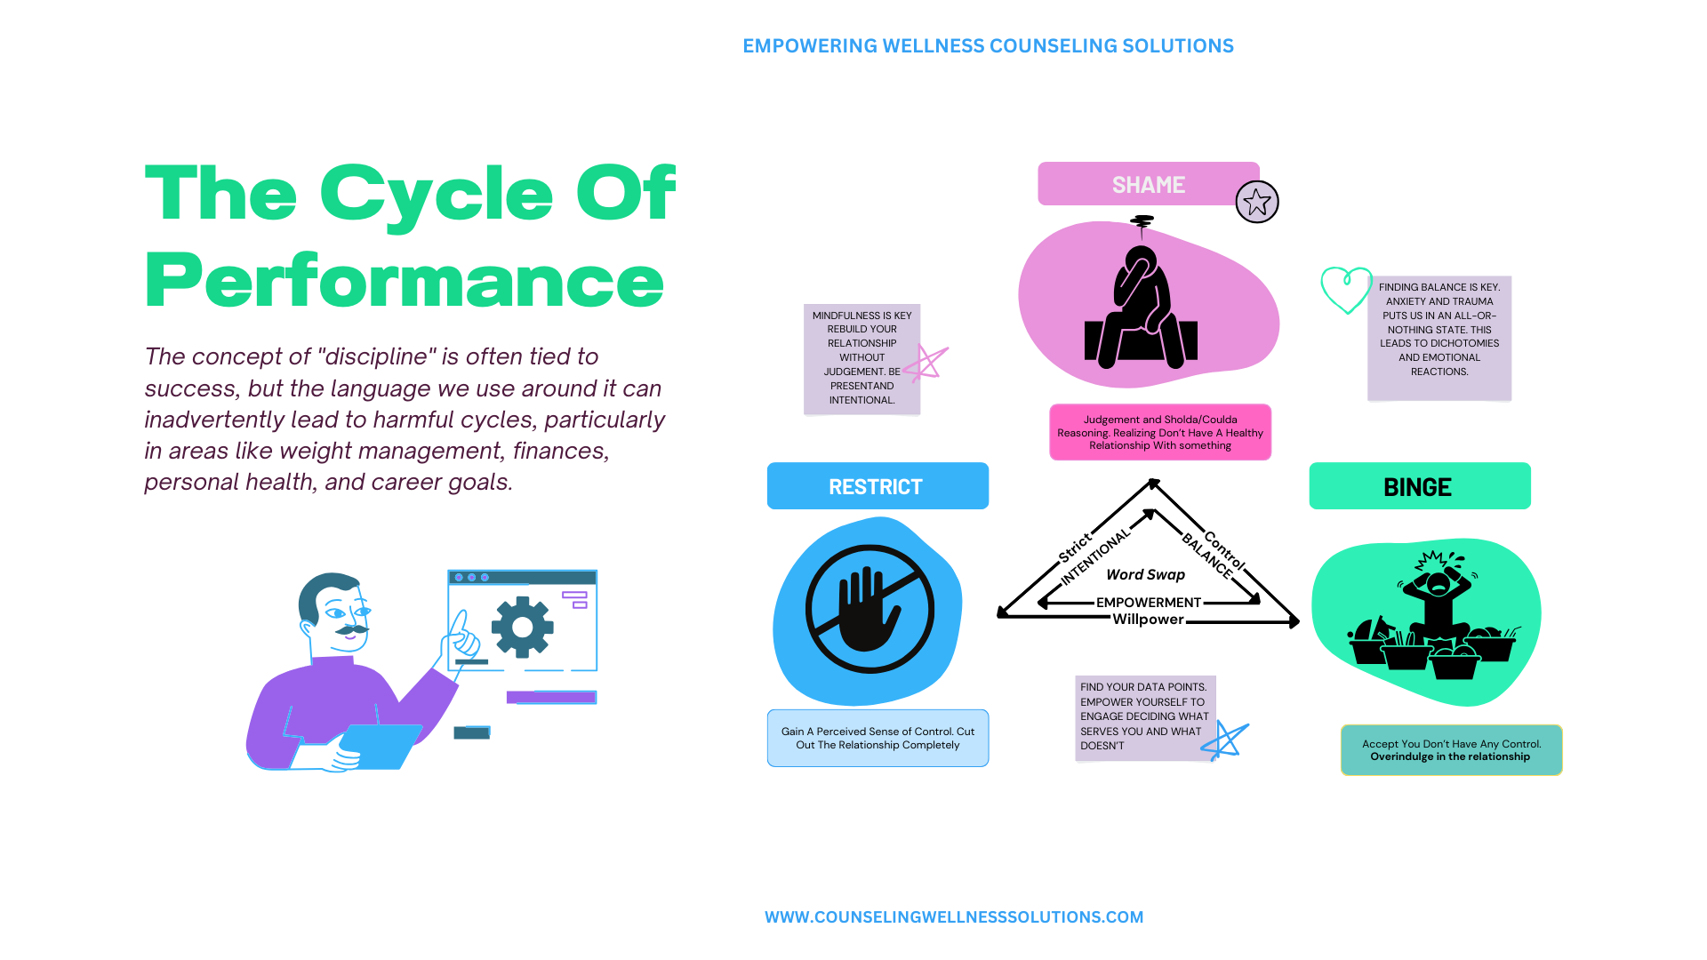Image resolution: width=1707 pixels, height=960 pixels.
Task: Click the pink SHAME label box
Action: (x=1148, y=184)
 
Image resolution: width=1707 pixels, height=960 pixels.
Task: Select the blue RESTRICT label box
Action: (x=878, y=485)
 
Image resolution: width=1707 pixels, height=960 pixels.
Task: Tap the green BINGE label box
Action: (x=1420, y=485)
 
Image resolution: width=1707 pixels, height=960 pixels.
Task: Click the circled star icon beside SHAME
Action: (x=1257, y=202)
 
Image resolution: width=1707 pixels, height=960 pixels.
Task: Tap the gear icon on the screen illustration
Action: (x=522, y=627)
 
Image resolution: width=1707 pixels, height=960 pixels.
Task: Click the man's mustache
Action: (x=352, y=630)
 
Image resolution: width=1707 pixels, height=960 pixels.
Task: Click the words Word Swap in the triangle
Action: (x=1145, y=575)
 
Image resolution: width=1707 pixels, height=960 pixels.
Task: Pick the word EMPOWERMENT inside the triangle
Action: (x=1148, y=603)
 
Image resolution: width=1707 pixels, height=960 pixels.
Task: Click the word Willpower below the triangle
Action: (x=1148, y=620)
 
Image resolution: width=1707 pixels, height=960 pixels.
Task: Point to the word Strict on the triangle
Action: (x=1075, y=548)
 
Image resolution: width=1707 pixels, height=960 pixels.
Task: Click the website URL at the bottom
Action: (x=954, y=916)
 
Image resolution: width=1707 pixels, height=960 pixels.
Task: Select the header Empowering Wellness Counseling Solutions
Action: (x=988, y=45)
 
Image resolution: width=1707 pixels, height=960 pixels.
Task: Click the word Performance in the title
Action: (x=405, y=282)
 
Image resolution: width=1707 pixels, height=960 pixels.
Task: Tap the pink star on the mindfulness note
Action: (x=926, y=363)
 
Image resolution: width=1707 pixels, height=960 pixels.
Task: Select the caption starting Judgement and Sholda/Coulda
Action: (x=1160, y=432)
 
